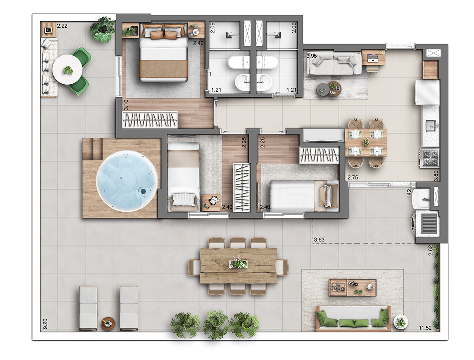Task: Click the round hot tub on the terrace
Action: coord(127,181)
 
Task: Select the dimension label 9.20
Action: coord(45,324)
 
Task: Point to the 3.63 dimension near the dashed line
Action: coord(319,239)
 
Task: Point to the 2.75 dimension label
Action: coord(353,177)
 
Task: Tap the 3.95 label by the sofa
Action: coord(312,56)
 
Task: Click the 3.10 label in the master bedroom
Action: coord(126,105)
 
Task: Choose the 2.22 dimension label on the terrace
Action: coord(62,26)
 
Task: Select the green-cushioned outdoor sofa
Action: coord(353,319)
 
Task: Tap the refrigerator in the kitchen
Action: coord(427,92)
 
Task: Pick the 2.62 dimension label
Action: coord(431,251)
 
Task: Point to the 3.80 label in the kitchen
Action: coord(436,175)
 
